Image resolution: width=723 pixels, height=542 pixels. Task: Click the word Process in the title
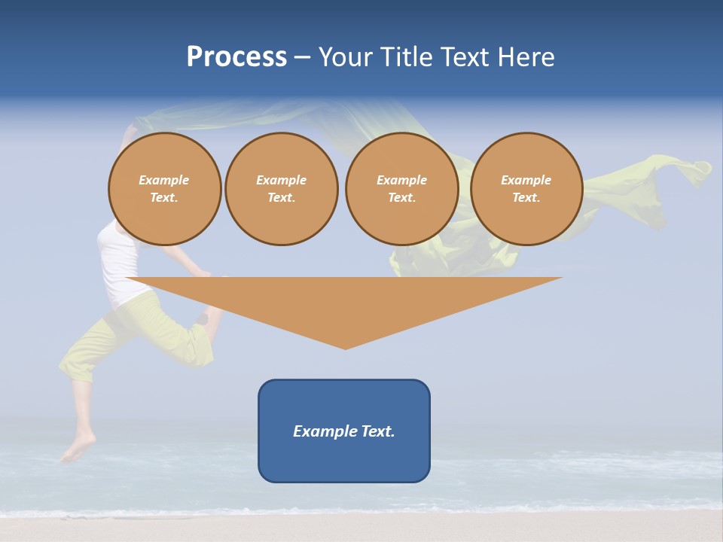coord(236,57)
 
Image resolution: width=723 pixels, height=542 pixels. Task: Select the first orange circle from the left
coord(164,188)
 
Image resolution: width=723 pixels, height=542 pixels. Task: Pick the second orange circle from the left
coord(281,188)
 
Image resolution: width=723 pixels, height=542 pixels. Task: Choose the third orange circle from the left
coord(401,188)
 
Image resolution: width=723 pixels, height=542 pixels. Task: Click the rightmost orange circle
coord(526,188)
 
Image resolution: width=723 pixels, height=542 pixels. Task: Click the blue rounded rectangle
coord(343,459)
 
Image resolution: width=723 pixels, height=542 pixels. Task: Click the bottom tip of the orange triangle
coord(345,348)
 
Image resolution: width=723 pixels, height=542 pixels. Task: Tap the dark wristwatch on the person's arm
coord(202,319)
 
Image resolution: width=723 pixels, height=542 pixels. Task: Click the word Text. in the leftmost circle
coord(164,198)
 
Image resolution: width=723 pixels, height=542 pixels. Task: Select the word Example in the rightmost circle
coord(526,180)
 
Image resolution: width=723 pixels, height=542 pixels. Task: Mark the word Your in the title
coord(345,57)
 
